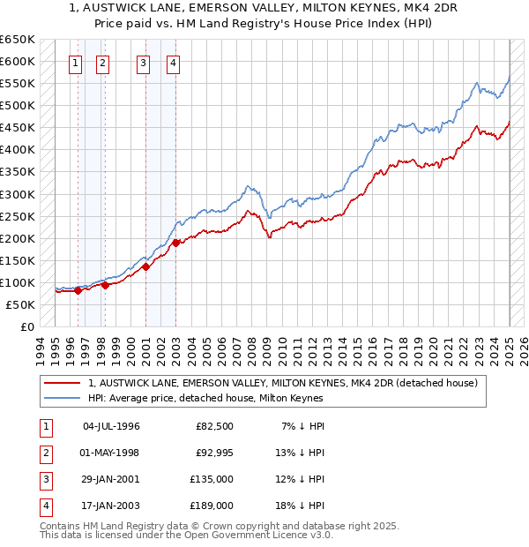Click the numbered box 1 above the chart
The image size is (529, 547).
pos(75,63)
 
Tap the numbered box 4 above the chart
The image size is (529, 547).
pos(173,63)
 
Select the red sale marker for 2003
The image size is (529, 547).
pos(175,243)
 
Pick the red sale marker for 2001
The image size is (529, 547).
pos(145,266)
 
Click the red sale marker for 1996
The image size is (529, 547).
pos(78,289)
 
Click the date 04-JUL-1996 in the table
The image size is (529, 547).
pos(111,427)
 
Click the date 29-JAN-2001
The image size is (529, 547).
pos(111,480)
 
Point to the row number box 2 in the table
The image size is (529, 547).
pos(44,453)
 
